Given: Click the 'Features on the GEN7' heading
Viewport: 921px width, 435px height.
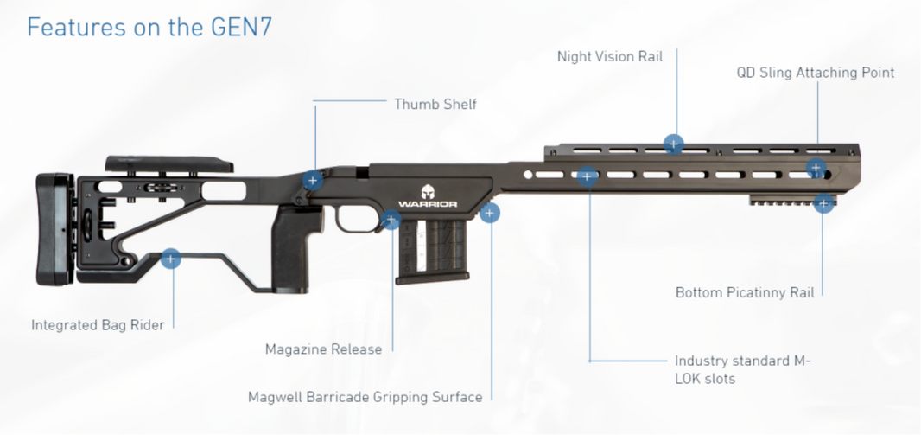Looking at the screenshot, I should point(149,27).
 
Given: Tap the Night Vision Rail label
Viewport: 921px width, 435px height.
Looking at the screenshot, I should point(610,57).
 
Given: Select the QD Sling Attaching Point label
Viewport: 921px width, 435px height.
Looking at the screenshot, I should point(815,73).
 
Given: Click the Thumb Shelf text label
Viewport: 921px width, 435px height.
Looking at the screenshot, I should point(435,105).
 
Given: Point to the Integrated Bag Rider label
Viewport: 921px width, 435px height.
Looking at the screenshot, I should point(98,325).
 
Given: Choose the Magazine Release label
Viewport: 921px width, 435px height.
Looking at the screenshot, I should point(323,349).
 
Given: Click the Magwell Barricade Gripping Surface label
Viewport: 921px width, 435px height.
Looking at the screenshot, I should point(365,398).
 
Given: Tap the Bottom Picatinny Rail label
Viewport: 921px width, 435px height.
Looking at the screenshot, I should point(745,293).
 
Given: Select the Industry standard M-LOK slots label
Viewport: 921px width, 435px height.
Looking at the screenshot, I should point(743,369).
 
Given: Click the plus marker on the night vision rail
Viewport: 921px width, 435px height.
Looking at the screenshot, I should point(674,144).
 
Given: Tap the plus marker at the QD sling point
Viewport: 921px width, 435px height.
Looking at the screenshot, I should point(816,168).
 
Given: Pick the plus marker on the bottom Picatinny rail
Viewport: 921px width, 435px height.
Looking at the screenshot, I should point(823,204).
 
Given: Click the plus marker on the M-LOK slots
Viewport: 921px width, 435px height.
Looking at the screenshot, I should point(588,177).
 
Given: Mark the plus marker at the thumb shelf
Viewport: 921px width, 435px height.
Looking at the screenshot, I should point(313,181).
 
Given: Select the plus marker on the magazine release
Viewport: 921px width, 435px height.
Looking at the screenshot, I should point(391,220).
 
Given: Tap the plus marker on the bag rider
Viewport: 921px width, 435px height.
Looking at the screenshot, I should point(171,259).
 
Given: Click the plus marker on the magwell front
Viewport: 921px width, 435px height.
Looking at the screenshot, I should point(490,213).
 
